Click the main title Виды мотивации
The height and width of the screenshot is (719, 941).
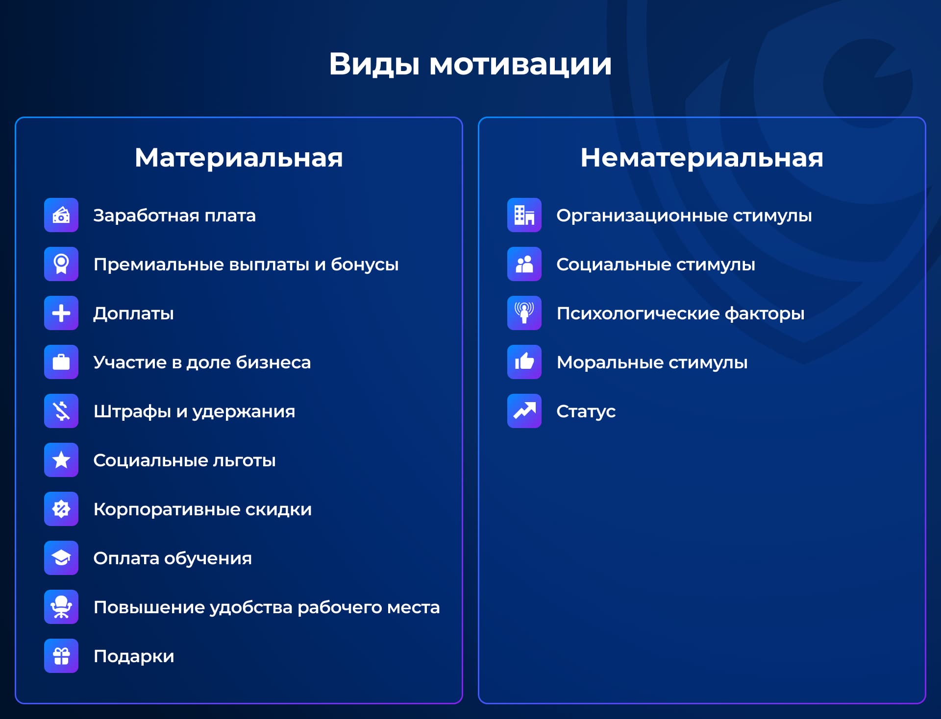coord(470,64)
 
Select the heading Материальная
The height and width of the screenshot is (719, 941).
coord(239,158)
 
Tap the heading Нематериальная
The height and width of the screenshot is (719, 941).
coord(702,158)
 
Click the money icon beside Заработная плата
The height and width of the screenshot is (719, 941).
coord(61,215)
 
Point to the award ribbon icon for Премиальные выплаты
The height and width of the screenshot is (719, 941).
coord(61,264)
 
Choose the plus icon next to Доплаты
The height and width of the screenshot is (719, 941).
coord(61,313)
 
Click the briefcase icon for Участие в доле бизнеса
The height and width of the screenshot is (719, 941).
coord(61,362)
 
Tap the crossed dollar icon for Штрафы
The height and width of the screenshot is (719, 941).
coord(61,411)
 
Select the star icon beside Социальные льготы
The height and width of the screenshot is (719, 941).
coord(61,460)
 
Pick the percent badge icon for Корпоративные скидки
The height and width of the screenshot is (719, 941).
coord(61,509)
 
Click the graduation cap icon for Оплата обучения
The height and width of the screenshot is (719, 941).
coord(61,558)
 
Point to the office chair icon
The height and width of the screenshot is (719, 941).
coord(61,607)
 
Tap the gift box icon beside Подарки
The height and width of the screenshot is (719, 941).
coord(61,656)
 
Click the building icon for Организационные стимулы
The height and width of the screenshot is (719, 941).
coord(524,215)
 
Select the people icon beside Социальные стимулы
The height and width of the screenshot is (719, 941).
coord(524,264)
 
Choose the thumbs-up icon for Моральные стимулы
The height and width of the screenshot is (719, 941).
coord(524,362)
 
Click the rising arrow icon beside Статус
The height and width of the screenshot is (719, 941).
coord(524,411)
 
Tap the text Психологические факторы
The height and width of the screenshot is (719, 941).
coord(680,313)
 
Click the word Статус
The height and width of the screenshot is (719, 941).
coord(586,411)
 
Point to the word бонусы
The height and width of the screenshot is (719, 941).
coord(365,264)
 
